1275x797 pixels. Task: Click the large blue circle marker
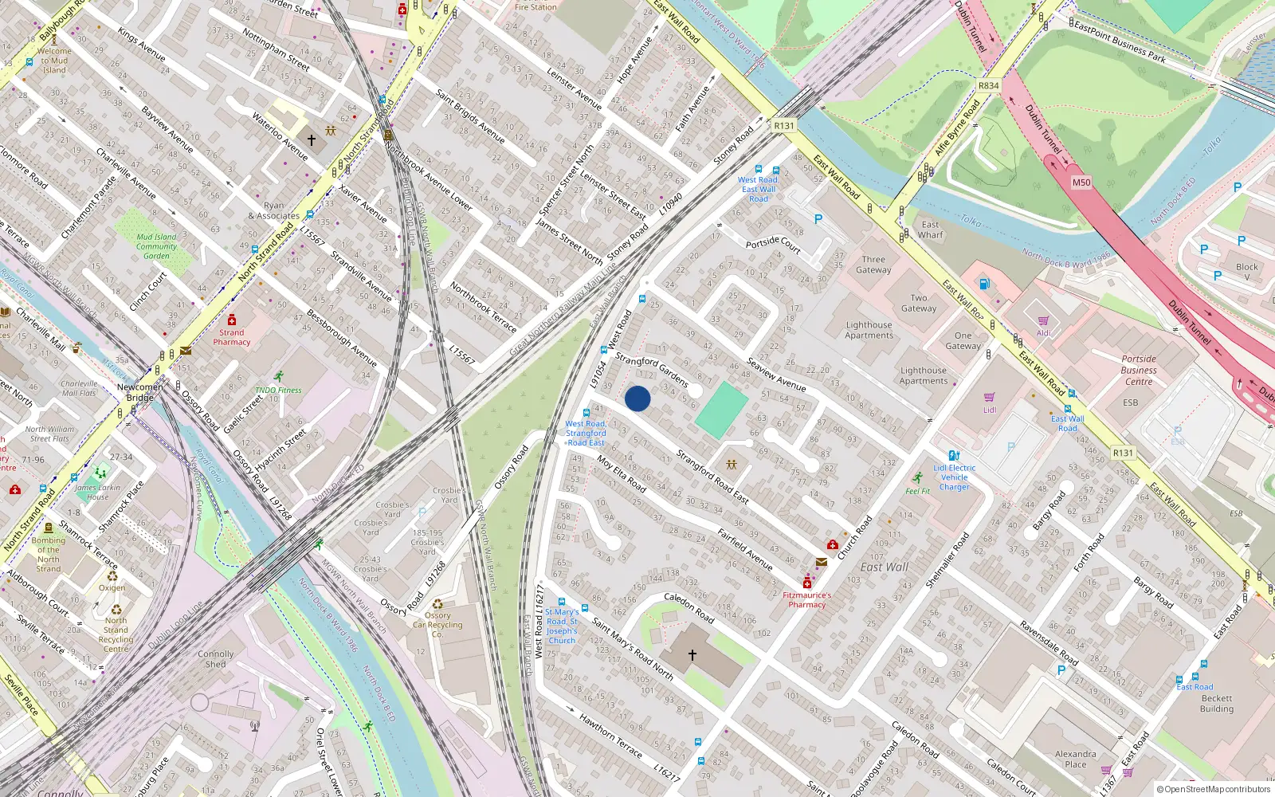pyautogui.click(x=637, y=398)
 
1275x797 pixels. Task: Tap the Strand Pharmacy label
pyautogui.click(x=232, y=337)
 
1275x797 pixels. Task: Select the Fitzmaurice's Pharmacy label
pyautogui.click(x=806, y=599)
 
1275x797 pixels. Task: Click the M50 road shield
pyautogui.click(x=1081, y=183)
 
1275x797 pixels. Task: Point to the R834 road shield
pyautogui.click(x=988, y=85)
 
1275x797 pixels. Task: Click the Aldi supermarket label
pyautogui.click(x=1043, y=333)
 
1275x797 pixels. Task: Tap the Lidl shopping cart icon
pyautogui.click(x=989, y=397)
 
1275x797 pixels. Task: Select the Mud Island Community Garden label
pyautogui.click(x=156, y=246)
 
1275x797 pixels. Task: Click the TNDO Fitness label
pyautogui.click(x=278, y=391)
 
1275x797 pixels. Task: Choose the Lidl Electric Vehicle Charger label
pyautogui.click(x=954, y=477)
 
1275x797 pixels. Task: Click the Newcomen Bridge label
pyautogui.click(x=140, y=392)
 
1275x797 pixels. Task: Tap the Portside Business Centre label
pyautogui.click(x=1138, y=370)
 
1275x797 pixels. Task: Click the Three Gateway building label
pyautogui.click(x=873, y=265)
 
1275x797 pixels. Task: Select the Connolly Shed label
pyautogui.click(x=215, y=658)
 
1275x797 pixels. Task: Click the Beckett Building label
pyautogui.click(x=1216, y=703)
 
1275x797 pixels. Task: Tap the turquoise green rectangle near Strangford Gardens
pyautogui.click(x=721, y=410)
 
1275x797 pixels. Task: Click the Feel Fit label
pyautogui.click(x=917, y=491)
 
